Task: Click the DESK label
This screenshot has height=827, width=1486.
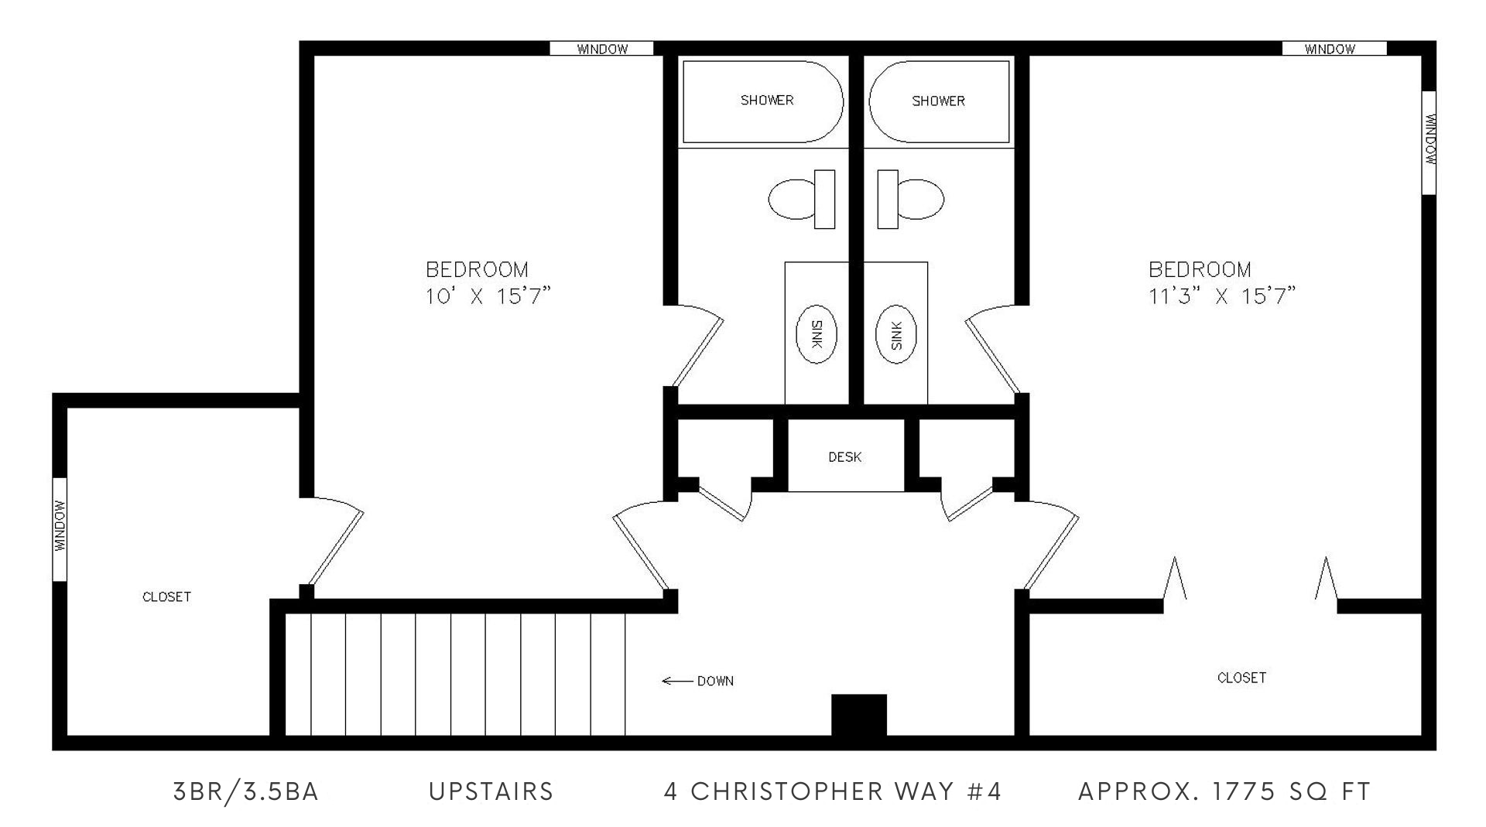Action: pos(844,457)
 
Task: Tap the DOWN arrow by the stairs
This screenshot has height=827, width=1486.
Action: pos(678,681)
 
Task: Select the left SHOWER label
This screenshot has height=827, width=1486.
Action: pos(767,101)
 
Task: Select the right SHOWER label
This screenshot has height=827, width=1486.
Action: pos(938,101)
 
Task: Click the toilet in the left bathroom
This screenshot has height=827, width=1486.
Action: pos(802,199)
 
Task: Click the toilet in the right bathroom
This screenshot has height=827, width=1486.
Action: pos(910,199)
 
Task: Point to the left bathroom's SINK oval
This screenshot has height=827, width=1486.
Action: pos(816,336)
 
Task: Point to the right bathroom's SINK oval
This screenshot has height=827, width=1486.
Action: pos(896,336)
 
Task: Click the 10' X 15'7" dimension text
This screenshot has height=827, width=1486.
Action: pos(488,296)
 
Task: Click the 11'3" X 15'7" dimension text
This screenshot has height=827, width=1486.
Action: pos(1222,296)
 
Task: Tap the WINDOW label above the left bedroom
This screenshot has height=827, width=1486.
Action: pos(602,50)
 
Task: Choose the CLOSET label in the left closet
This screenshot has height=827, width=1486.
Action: pos(166,597)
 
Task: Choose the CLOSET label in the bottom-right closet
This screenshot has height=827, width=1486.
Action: pos(1241,678)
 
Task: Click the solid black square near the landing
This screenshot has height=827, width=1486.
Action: pos(858,716)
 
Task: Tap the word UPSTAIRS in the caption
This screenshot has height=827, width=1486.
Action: pos(491,791)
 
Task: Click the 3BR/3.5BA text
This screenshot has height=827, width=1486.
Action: pos(246,792)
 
